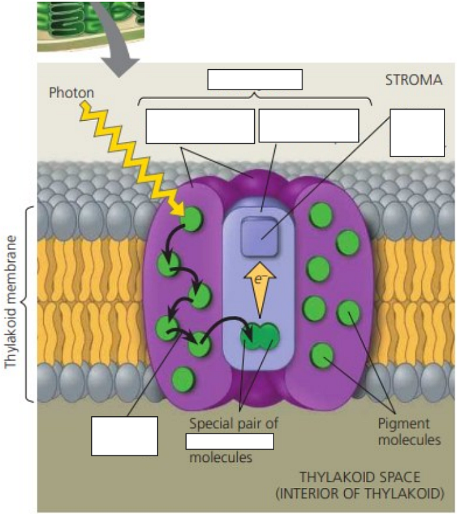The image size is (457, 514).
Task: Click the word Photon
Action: click(x=71, y=93)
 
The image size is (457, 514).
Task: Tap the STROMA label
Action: click(x=414, y=81)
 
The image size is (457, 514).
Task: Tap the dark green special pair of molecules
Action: click(x=260, y=335)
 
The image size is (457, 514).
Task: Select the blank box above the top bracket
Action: click(x=255, y=79)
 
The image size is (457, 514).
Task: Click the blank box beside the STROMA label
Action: click(x=417, y=132)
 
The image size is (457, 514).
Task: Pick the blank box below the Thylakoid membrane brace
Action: click(x=124, y=436)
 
